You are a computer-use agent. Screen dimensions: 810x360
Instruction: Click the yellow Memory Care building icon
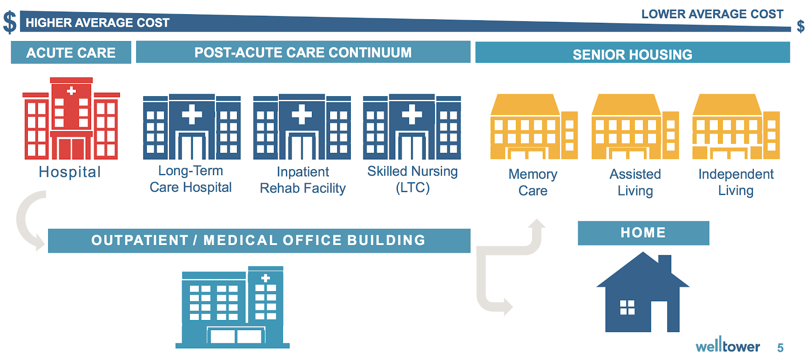pyautogui.click(x=534, y=127)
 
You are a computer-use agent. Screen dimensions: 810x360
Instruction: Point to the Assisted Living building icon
pyautogui.click(x=635, y=127)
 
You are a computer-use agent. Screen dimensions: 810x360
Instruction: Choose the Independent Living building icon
pyautogui.click(x=736, y=127)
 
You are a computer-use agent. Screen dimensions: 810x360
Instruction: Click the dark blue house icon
pyautogui.click(x=643, y=292)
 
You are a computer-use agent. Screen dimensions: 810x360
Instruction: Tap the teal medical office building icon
pyautogui.click(x=232, y=307)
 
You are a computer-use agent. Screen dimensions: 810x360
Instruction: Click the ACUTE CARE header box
pyautogui.click(x=71, y=53)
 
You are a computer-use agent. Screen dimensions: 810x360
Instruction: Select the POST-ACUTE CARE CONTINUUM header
pyautogui.click(x=303, y=52)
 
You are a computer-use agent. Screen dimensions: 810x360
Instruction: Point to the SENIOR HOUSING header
pyautogui.click(x=632, y=53)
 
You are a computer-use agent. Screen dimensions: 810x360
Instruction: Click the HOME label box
pyautogui.click(x=643, y=233)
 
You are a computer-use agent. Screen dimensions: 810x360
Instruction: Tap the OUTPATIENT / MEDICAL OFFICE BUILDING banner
pyautogui.click(x=259, y=241)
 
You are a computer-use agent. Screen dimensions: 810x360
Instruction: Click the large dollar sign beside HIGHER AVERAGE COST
pyautogui.click(x=10, y=22)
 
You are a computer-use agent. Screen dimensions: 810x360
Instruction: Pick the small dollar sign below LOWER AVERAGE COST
pyautogui.click(x=800, y=26)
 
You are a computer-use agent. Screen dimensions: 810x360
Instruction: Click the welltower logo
pyautogui.click(x=727, y=345)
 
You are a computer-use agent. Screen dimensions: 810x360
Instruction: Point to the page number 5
pyautogui.click(x=780, y=348)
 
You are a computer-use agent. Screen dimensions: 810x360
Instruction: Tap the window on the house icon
pyautogui.click(x=627, y=307)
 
